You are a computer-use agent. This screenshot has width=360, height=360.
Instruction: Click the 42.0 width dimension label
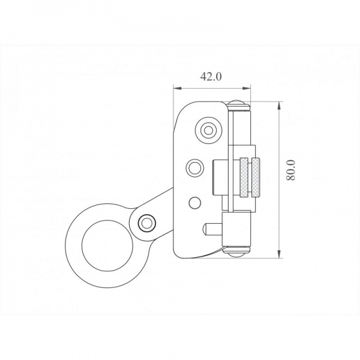[x=211, y=77]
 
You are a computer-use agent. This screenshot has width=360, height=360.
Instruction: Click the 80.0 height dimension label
[x=290, y=170]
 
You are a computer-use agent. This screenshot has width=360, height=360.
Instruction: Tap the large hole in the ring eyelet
[x=107, y=245]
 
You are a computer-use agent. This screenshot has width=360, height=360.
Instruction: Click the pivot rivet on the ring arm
[x=146, y=223]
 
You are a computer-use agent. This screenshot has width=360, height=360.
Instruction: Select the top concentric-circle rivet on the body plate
[x=208, y=130]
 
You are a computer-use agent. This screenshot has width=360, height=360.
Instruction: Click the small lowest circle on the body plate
[x=195, y=203]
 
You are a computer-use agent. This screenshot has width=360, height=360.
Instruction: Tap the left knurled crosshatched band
[x=244, y=178]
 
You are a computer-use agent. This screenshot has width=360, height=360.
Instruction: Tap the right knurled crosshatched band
[x=256, y=178]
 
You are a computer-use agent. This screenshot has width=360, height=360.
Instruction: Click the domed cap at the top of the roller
[x=238, y=105]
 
